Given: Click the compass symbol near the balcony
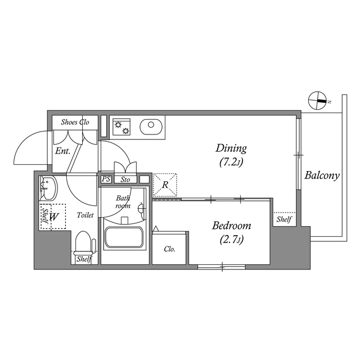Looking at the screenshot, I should click(318, 101).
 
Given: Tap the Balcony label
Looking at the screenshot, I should click(322, 175).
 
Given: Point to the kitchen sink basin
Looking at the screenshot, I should click(150, 127).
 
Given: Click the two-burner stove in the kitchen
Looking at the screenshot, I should click(121, 128).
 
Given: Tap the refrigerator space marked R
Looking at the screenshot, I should click(165, 184).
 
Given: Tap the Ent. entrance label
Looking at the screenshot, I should click(62, 151).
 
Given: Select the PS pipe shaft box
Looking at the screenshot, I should click(106, 179).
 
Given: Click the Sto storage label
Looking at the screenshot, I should click(125, 180).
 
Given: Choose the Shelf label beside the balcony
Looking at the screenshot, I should click(283, 219).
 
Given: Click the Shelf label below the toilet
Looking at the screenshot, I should click(84, 259).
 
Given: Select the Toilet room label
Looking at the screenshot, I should click(85, 215).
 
